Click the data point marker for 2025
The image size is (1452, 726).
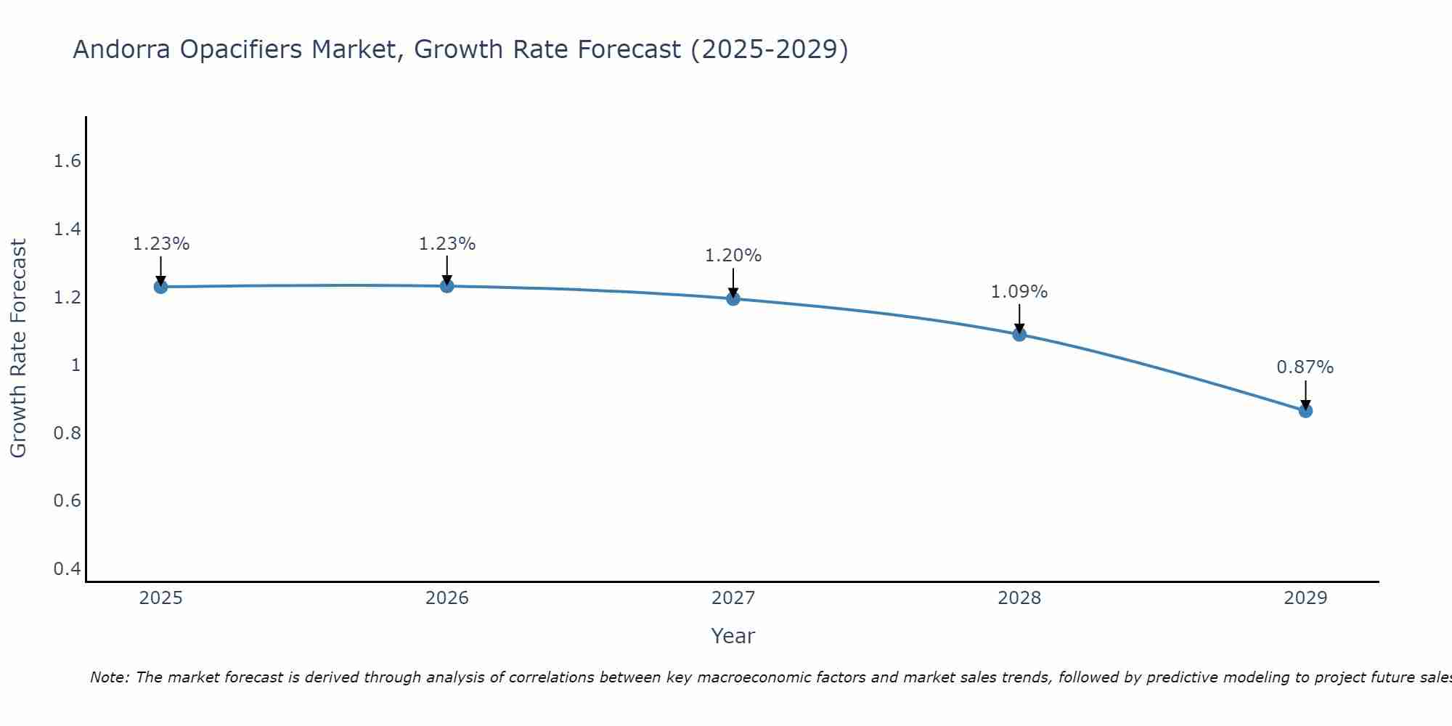(x=160, y=287)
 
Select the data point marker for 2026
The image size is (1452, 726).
(x=447, y=286)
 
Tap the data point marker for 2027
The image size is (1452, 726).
(x=733, y=298)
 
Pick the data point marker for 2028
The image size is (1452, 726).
(x=1019, y=334)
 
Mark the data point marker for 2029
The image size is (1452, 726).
(x=1305, y=411)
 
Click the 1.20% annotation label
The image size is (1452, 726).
(x=733, y=256)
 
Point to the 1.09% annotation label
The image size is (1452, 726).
(x=1019, y=292)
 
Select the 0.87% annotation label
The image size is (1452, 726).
(x=1305, y=367)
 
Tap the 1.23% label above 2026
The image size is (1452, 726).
(x=447, y=244)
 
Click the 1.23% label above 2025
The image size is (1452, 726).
(x=160, y=244)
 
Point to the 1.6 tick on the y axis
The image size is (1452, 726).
(x=67, y=161)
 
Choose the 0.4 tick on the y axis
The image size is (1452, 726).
(x=67, y=568)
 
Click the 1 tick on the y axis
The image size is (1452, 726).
(x=75, y=365)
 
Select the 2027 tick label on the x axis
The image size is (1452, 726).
(x=733, y=598)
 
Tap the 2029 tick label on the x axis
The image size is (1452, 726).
(x=1305, y=598)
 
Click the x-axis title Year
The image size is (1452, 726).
(x=733, y=636)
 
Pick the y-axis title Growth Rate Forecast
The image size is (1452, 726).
(x=18, y=348)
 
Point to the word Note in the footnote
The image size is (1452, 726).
(x=109, y=677)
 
